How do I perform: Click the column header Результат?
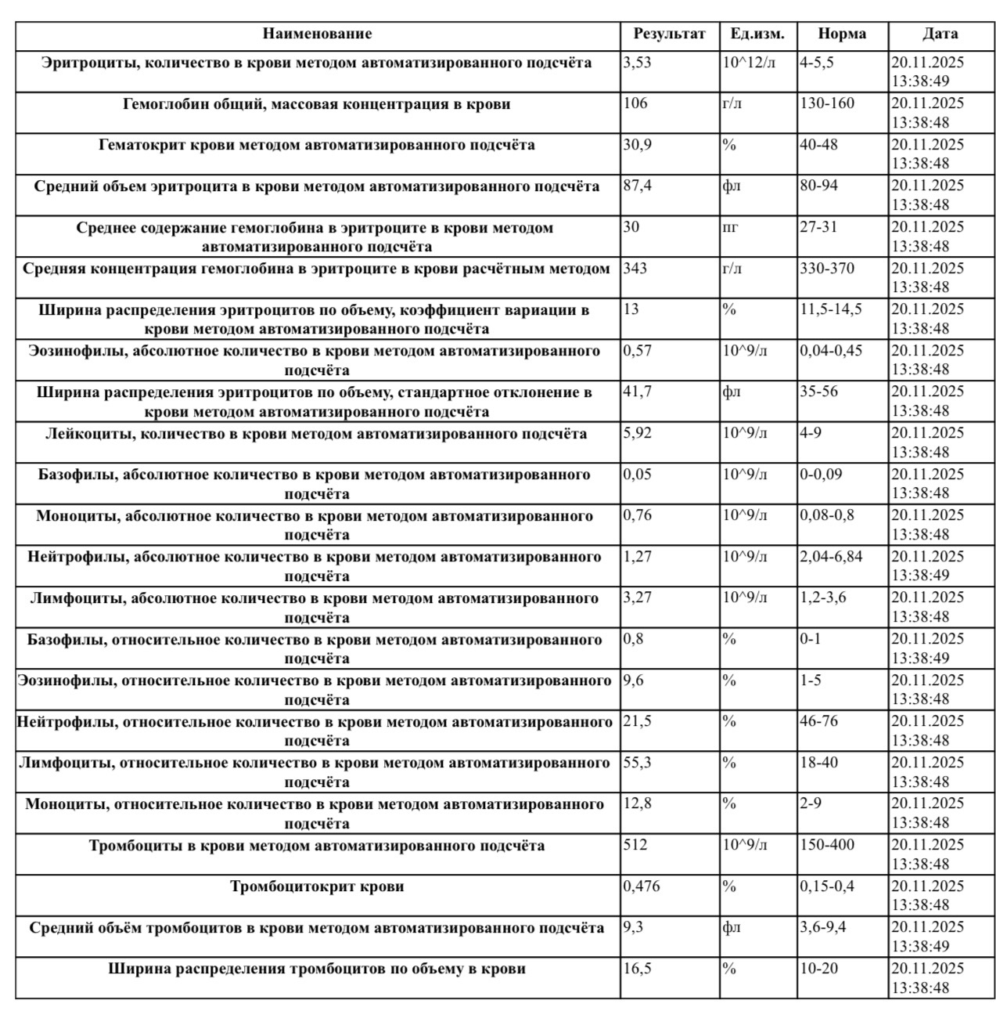tap(669, 34)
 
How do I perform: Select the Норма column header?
tap(842, 34)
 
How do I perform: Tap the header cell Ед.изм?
tap(757, 34)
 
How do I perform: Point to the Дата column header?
tap(940, 34)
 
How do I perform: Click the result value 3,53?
tap(637, 63)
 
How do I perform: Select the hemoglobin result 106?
tap(635, 103)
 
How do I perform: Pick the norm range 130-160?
tap(827, 103)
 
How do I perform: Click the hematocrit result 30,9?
tap(637, 145)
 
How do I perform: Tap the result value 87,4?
tap(637, 186)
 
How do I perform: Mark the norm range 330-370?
tap(827, 268)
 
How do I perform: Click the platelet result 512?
tap(635, 845)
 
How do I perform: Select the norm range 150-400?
tap(827, 845)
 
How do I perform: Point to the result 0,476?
tap(641, 886)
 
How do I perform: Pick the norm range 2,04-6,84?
tap(831, 557)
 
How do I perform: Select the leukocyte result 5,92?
tap(637, 433)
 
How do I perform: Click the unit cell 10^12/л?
tap(749, 63)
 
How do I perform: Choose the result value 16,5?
tap(637, 969)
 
